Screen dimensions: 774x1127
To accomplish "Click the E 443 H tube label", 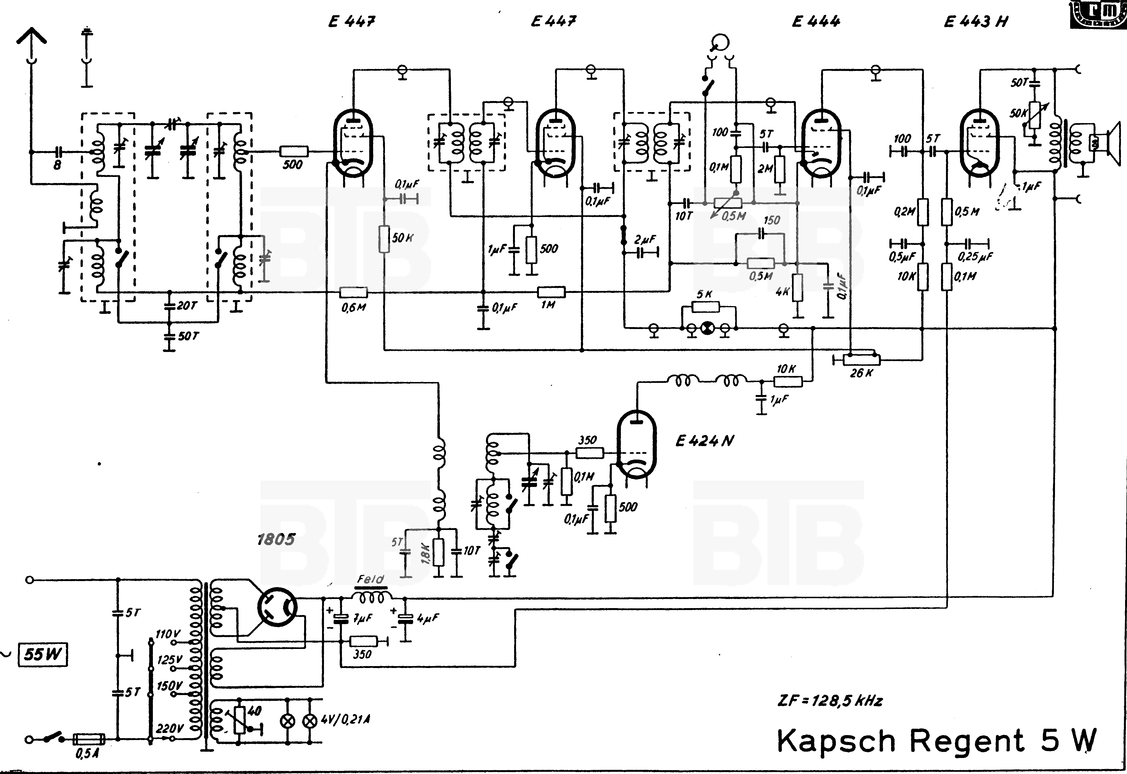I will click(976, 22).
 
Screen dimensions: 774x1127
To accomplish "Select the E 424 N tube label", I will click(704, 441).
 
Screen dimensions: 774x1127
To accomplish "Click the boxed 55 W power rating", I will click(43, 655).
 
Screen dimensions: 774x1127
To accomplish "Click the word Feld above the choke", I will click(371, 579).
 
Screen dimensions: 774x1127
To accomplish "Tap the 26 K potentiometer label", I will click(861, 373).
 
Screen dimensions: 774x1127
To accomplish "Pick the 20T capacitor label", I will click(187, 306).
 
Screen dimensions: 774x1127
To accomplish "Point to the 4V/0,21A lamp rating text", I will click(345, 719).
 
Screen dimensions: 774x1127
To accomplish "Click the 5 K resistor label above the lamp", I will click(704, 294).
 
